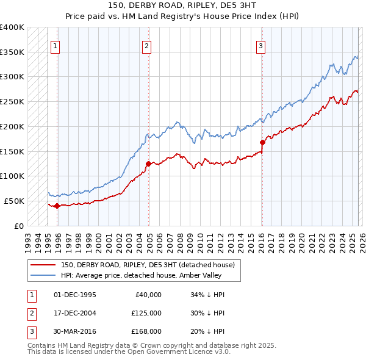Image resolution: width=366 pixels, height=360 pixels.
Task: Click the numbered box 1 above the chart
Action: [55, 45]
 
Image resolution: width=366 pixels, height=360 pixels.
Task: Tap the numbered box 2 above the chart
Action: [148, 45]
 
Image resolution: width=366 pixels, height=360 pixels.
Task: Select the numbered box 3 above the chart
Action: [260, 45]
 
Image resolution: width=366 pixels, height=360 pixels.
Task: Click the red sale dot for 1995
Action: [57, 206]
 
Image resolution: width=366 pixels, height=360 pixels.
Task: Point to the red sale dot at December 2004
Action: [148, 164]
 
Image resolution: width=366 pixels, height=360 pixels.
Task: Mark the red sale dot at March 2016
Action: [262, 142]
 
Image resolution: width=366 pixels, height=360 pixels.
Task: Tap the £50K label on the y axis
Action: [13, 201]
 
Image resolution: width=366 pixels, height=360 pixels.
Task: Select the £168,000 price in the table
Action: [146, 331]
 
